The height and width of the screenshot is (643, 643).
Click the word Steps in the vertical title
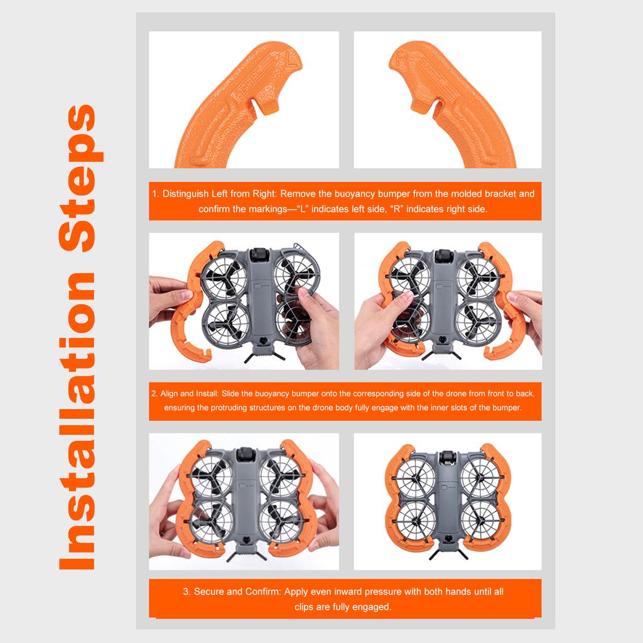(x=80, y=178)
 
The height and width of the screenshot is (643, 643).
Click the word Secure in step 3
(x=208, y=592)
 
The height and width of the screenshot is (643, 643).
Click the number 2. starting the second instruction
(x=154, y=394)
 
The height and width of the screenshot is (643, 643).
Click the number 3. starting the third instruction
(x=186, y=592)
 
